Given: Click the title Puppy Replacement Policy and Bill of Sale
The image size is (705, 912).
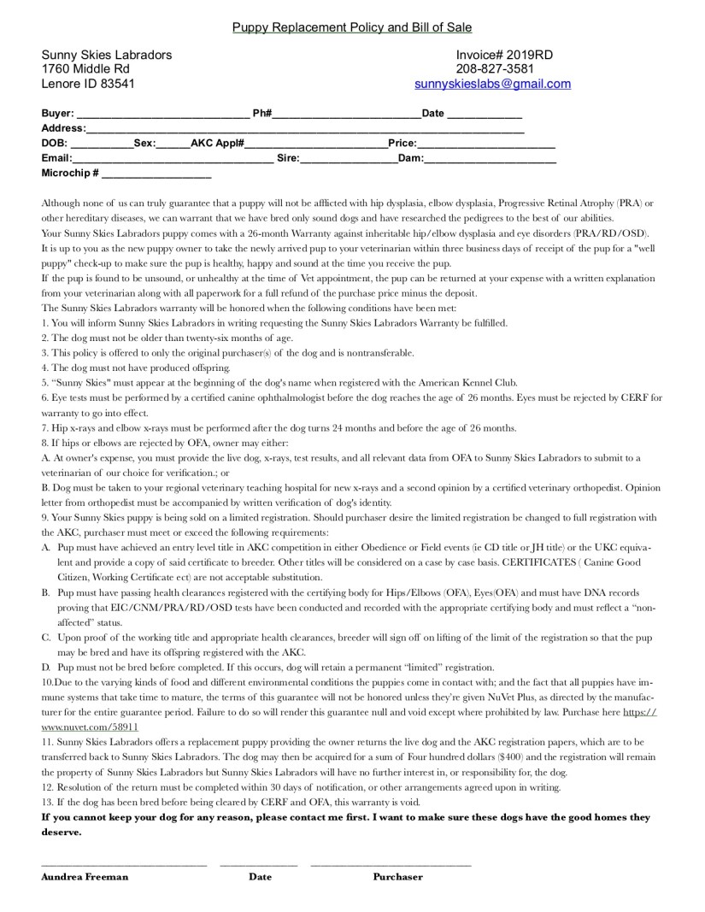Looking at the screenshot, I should pyautogui.click(x=352, y=28).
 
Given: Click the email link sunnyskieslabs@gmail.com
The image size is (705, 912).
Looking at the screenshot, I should pyautogui.click(x=492, y=84).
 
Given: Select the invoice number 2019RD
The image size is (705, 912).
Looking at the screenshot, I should pyautogui.click(x=528, y=55).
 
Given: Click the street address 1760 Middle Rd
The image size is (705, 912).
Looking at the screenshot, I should pyautogui.click(x=85, y=69).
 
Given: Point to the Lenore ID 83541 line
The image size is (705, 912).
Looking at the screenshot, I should pyautogui.click(x=87, y=84).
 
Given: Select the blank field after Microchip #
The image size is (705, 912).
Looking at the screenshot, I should pyautogui.click(x=156, y=174).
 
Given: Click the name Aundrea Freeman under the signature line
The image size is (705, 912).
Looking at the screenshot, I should pyautogui.click(x=85, y=876).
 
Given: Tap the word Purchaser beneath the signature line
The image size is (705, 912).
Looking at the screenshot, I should pyautogui.click(x=397, y=876).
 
